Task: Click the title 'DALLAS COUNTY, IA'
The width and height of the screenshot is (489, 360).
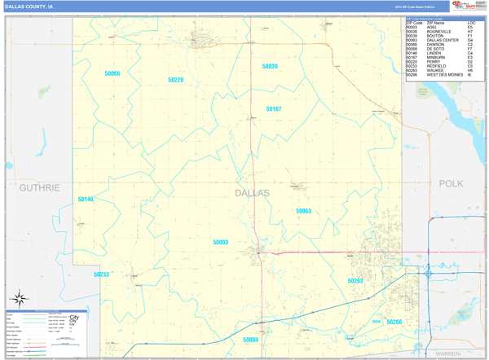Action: point(29,6)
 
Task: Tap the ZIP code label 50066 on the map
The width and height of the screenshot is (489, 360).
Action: point(112,74)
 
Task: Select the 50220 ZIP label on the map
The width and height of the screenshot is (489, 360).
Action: point(175,80)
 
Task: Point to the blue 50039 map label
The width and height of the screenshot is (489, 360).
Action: point(270,66)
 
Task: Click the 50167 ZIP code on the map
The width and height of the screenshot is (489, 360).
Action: point(274,108)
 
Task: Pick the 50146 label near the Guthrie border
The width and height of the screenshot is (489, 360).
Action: point(86,199)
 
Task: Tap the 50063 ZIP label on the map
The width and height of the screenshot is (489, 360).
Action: point(303,211)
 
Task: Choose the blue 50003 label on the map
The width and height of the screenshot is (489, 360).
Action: point(221,242)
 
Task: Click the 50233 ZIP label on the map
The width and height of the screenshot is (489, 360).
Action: point(101,274)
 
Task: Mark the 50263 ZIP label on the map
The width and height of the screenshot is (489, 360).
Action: point(355,281)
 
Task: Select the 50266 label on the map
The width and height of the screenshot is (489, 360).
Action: point(394,322)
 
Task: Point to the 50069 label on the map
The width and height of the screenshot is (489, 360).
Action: point(250,340)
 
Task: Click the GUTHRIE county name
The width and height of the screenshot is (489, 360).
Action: point(39,187)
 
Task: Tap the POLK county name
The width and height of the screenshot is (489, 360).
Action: point(451,184)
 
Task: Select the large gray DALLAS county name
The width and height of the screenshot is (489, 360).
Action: point(252,193)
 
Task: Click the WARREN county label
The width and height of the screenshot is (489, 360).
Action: point(447,354)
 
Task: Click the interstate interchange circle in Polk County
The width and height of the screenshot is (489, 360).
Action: point(428,274)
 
